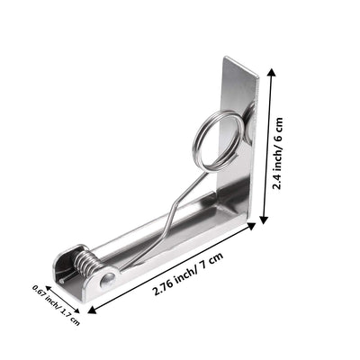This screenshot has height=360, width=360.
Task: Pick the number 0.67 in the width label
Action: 39,292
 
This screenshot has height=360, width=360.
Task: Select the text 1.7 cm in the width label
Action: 68,312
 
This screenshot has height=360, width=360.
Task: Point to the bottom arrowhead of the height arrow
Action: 265,220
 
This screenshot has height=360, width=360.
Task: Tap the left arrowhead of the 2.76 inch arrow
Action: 91,310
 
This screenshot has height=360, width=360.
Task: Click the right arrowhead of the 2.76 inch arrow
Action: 251,228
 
